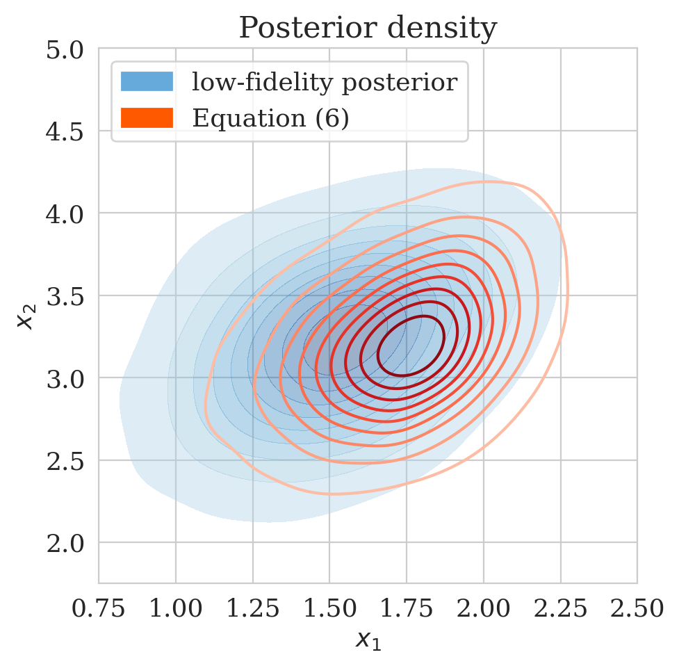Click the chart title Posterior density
pyautogui.click(x=368, y=29)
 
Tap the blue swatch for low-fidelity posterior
pyautogui.click(x=146, y=81)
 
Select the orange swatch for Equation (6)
pyautogui.click(x=146, y=117)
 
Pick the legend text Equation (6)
pyautogui.click(x=270, y=117)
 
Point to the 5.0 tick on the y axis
pyautogui.click(x=67, y=49)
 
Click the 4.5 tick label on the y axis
pyautogui.click(x=67, y=131)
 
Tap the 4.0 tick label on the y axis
pyautogui.click(x=67, y=213)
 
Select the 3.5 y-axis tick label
pyautogui.click(x=67, y=296)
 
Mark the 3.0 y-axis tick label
pyautogui.click(x=67, y=378)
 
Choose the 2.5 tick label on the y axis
pyautogui.click(x=67, y=460)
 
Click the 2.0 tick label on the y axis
pyautogui.click(x=67, y=543)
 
